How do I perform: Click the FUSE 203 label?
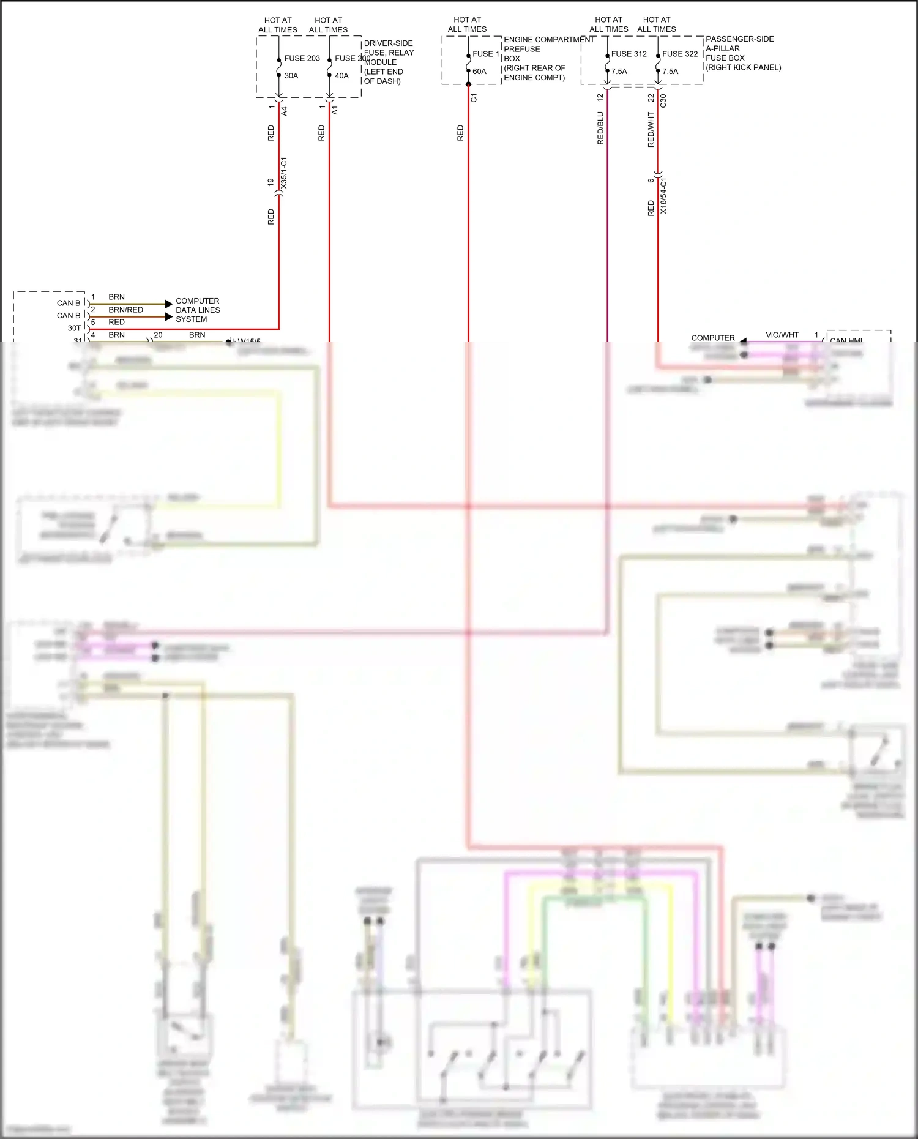coord(302,58)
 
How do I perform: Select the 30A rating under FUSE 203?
coord(291,76)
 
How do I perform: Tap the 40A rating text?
coord(341,76)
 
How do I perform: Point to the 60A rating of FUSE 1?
coord(479,72)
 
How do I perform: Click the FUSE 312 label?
coord(629,54)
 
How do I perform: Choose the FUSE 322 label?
coord(679,54)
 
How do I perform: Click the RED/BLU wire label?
coord(600,128)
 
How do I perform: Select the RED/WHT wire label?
coord(651,130)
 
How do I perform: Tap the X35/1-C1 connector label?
coord(283,173)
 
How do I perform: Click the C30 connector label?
coord(663,101)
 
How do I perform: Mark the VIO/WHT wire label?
coord(782,335)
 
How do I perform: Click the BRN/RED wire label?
coord(125,310)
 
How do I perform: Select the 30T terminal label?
coord(74,328)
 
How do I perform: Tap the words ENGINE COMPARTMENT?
coord(548,40)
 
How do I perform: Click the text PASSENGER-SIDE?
coord(739,39)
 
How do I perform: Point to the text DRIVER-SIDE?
coord(388,43)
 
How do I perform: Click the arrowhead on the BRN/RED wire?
coord(169,316)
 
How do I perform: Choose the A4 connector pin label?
coord(284,111)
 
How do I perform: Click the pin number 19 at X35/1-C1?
coord(271,182)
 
